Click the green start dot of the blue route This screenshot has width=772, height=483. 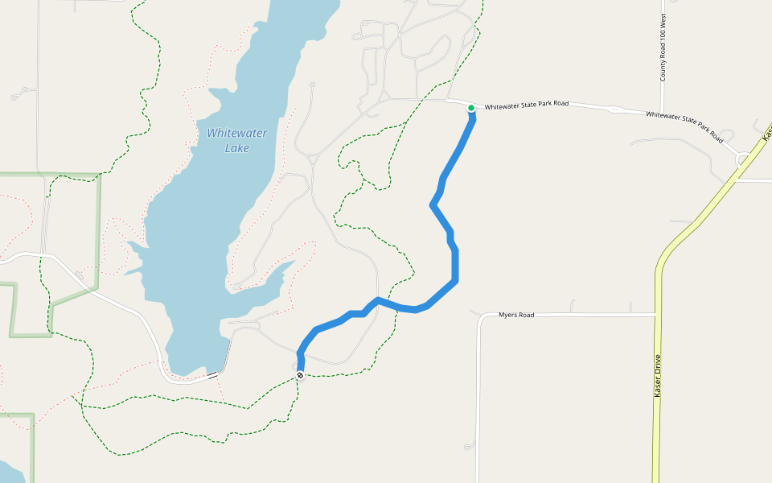click(471, 108)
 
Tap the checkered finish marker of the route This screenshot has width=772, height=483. click(300, 375)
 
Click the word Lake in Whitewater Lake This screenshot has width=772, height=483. click(236, 148)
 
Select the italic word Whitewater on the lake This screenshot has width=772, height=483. click(236, 134)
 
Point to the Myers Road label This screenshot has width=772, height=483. click(516, 315)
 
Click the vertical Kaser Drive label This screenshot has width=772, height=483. click(658, 376)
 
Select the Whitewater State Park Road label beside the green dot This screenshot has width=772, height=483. click(526, 105)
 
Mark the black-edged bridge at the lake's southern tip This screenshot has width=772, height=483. click(212, 375)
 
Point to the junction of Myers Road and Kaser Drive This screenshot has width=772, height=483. click(656, 314)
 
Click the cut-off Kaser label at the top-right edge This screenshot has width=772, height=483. click(767, 130)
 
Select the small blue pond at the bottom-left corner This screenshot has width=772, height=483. click(10, 473)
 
